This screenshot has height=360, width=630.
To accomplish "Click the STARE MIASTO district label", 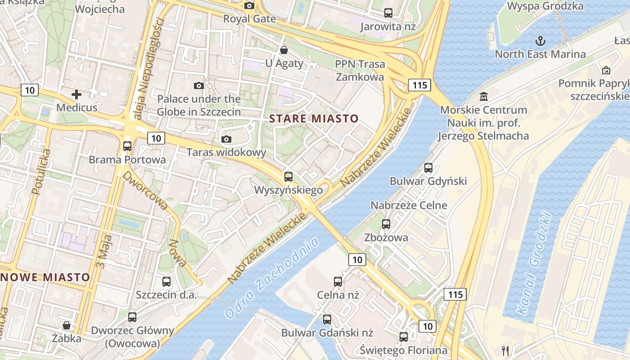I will (x=314, y=119).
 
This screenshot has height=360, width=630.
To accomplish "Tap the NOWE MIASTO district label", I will (x=45, y=277).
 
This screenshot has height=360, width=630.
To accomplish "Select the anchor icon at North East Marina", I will (x=540, y=41).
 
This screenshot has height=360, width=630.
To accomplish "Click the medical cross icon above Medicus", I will (x=76, y=94).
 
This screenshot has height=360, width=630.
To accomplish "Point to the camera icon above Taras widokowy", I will (x=226, y=139).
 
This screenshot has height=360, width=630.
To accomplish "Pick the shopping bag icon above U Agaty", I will (x=284, y=49).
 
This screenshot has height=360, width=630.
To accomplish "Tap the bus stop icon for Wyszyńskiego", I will (x=288, y=176).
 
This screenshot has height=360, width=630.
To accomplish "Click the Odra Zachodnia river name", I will (x=272, y=278).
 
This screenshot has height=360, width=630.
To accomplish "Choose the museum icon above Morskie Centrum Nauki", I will (x=484, y=96).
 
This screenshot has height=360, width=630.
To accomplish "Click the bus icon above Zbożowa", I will (x=386, y=224).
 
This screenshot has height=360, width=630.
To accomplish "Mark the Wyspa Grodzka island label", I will (x=545, y=6).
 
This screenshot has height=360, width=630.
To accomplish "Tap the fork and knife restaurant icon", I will (x=505, y=351).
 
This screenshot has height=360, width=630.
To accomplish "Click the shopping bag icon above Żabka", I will (x=67, y=325).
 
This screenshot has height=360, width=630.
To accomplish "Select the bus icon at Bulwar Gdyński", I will (x=428, y=168).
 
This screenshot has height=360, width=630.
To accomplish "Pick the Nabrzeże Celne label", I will (x=409, y=206).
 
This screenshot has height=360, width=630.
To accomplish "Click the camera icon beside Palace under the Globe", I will (x=198, y=85).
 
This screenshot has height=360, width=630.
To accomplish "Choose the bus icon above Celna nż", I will (x=338, y=282).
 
